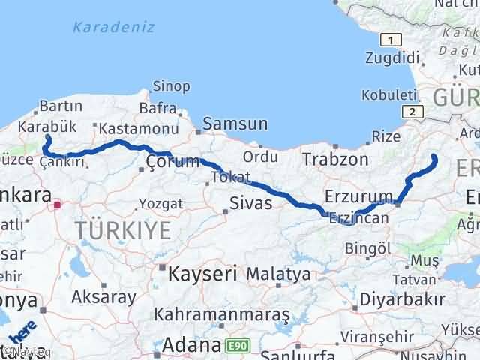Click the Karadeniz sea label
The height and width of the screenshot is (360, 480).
pos(114,28)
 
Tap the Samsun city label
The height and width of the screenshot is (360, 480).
pos(235,124)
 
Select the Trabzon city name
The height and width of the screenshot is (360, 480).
pos(335,160)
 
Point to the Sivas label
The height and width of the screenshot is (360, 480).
pos(251,203)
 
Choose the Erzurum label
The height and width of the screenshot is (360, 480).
pos(359,196)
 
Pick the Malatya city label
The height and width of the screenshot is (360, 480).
pos(278,274)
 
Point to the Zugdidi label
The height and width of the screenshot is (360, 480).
pos(391,58)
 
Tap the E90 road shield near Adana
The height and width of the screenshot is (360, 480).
pos(235,346)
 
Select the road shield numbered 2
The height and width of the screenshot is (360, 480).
pos(412,112)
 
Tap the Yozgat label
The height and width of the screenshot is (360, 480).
pos(160,204)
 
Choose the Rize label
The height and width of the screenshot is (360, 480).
pos(386,136)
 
